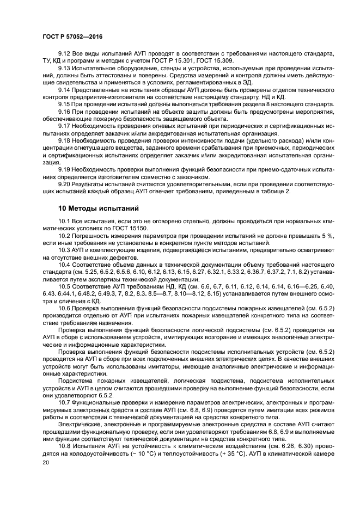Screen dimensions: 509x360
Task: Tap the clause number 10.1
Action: click(64, 222)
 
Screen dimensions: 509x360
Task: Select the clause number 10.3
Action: click(64, 250)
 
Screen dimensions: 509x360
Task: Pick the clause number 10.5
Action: click(64, 286)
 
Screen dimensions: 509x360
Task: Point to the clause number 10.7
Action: click(64, 401)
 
